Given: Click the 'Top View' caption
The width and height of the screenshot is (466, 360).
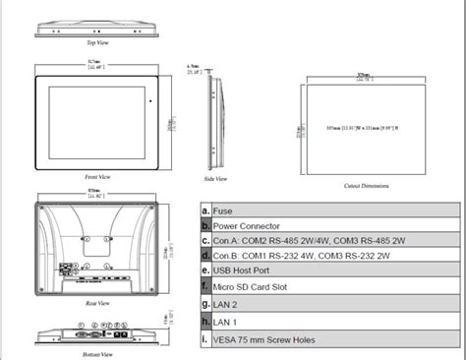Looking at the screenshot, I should (x=97, y=43).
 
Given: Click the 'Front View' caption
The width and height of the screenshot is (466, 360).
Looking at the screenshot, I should (x=96, y=176).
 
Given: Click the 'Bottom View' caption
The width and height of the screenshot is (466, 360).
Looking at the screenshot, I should (x=95, y=352).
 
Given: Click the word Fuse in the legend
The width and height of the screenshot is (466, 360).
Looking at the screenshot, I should (x=222, y=211).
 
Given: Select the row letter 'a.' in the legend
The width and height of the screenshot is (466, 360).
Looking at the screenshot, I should (x=204, y=211).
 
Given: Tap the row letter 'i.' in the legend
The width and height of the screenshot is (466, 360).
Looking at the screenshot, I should (x=204, y=341).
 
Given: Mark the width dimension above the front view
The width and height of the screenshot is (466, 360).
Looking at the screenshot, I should (x=95, y=67).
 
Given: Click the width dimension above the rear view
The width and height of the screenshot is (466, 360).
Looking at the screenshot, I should (x=95, y=195).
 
